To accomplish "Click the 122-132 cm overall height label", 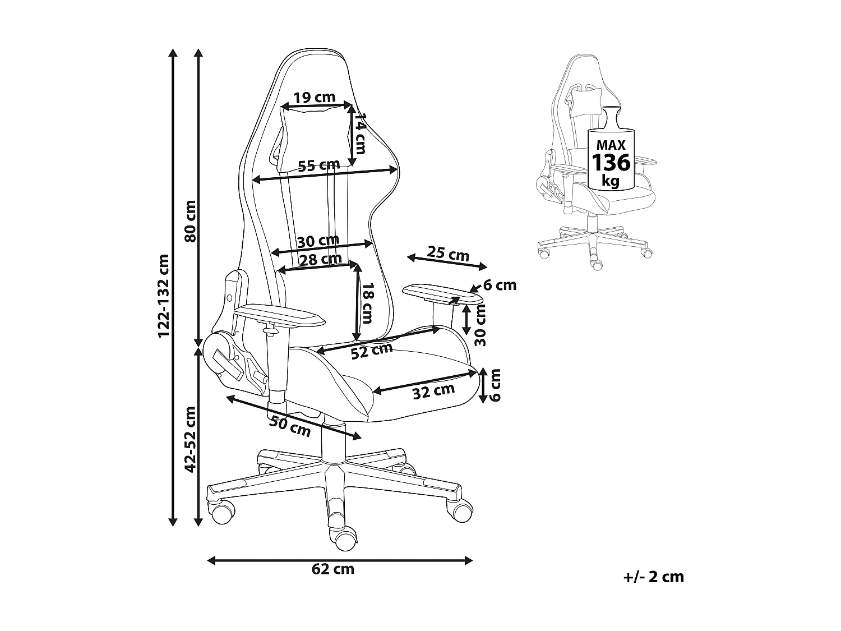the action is coord(164,296).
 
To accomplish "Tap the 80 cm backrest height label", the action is coord(191,221).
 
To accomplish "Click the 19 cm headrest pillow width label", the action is coord(314,97).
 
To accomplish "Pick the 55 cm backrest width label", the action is coord(319,165).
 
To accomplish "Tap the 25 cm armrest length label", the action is coord(448,254).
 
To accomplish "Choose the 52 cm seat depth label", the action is coord(372,351).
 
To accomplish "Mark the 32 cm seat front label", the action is coord(434,391).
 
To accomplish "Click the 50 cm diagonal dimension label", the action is coord(290,426).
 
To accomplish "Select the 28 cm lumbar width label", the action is coord(320,259).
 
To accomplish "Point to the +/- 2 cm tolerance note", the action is coord(654,587).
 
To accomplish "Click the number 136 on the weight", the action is coord(611,163).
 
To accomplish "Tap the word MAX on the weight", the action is coord(611,145).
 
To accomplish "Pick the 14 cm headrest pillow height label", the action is coord(360,133).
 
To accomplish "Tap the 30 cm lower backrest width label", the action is coord(318,241).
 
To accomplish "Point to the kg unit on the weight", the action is coord(611,180).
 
